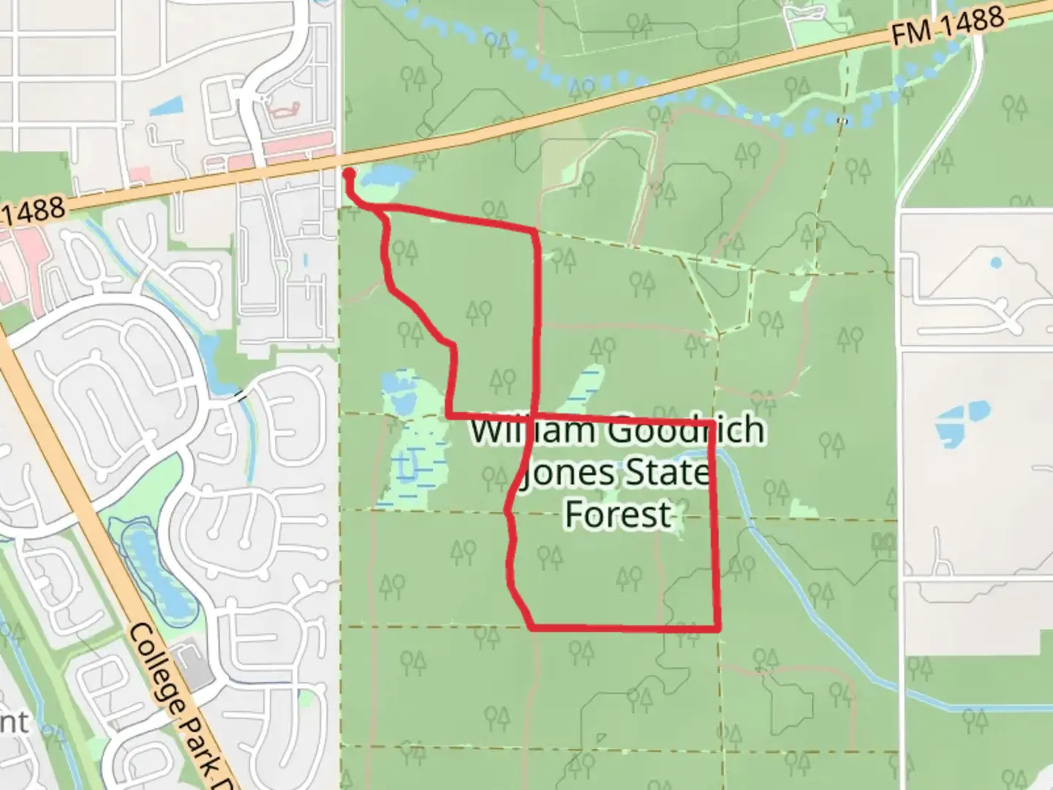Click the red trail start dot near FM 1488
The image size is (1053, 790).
pos(349,173)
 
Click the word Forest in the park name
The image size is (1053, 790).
pos(618,513)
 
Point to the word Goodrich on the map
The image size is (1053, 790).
pos(686,430)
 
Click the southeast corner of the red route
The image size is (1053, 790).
pos(718,628)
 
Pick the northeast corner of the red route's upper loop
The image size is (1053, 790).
pos(538,232)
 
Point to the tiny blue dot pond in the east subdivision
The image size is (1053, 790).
pos(995,261)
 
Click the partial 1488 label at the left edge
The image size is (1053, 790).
pos(33,212)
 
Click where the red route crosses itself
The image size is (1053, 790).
pos(536,417)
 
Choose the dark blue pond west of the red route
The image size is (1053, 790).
pos(401,402)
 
